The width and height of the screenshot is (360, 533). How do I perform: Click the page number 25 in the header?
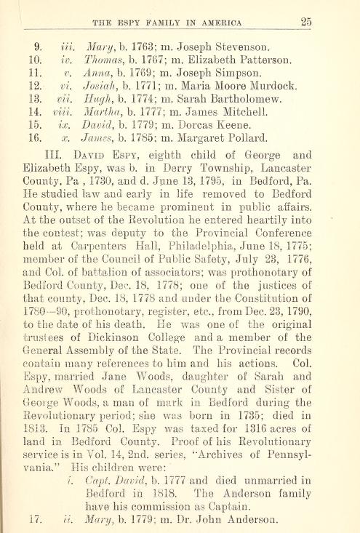[307, 22]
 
